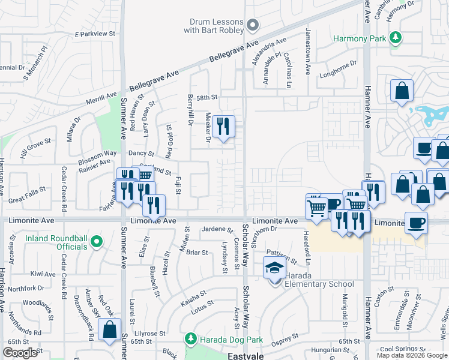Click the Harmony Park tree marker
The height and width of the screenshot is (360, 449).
395,38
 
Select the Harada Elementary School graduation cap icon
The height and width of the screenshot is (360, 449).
274,267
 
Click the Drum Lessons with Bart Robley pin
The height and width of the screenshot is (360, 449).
253,25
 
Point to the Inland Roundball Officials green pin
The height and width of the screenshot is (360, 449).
97,242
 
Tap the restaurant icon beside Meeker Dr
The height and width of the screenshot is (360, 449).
223,126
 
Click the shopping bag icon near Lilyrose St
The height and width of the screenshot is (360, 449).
109,330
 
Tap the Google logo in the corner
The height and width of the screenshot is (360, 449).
20,353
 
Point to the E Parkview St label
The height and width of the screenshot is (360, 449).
94,34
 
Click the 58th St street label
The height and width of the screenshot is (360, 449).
206,97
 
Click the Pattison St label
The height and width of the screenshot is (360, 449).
282,257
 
